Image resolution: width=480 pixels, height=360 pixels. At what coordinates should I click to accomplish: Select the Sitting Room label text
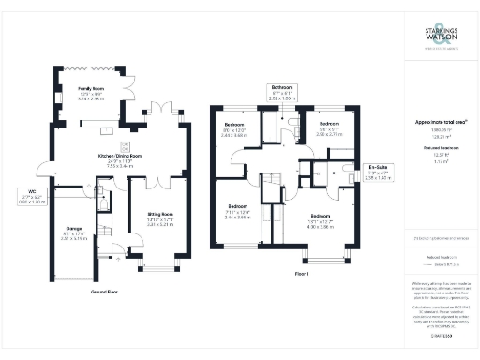(160, 215)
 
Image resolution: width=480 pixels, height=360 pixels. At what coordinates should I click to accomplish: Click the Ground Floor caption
(109, 292)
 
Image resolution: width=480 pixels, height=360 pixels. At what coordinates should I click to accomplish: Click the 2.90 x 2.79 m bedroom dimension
(329, 135)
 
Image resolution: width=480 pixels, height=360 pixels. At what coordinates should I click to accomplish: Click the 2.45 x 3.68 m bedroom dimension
(234, 135)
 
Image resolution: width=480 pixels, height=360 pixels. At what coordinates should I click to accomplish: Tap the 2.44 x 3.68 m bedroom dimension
(237, 217)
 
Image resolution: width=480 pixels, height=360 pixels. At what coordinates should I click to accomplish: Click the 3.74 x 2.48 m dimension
(90, 97)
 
